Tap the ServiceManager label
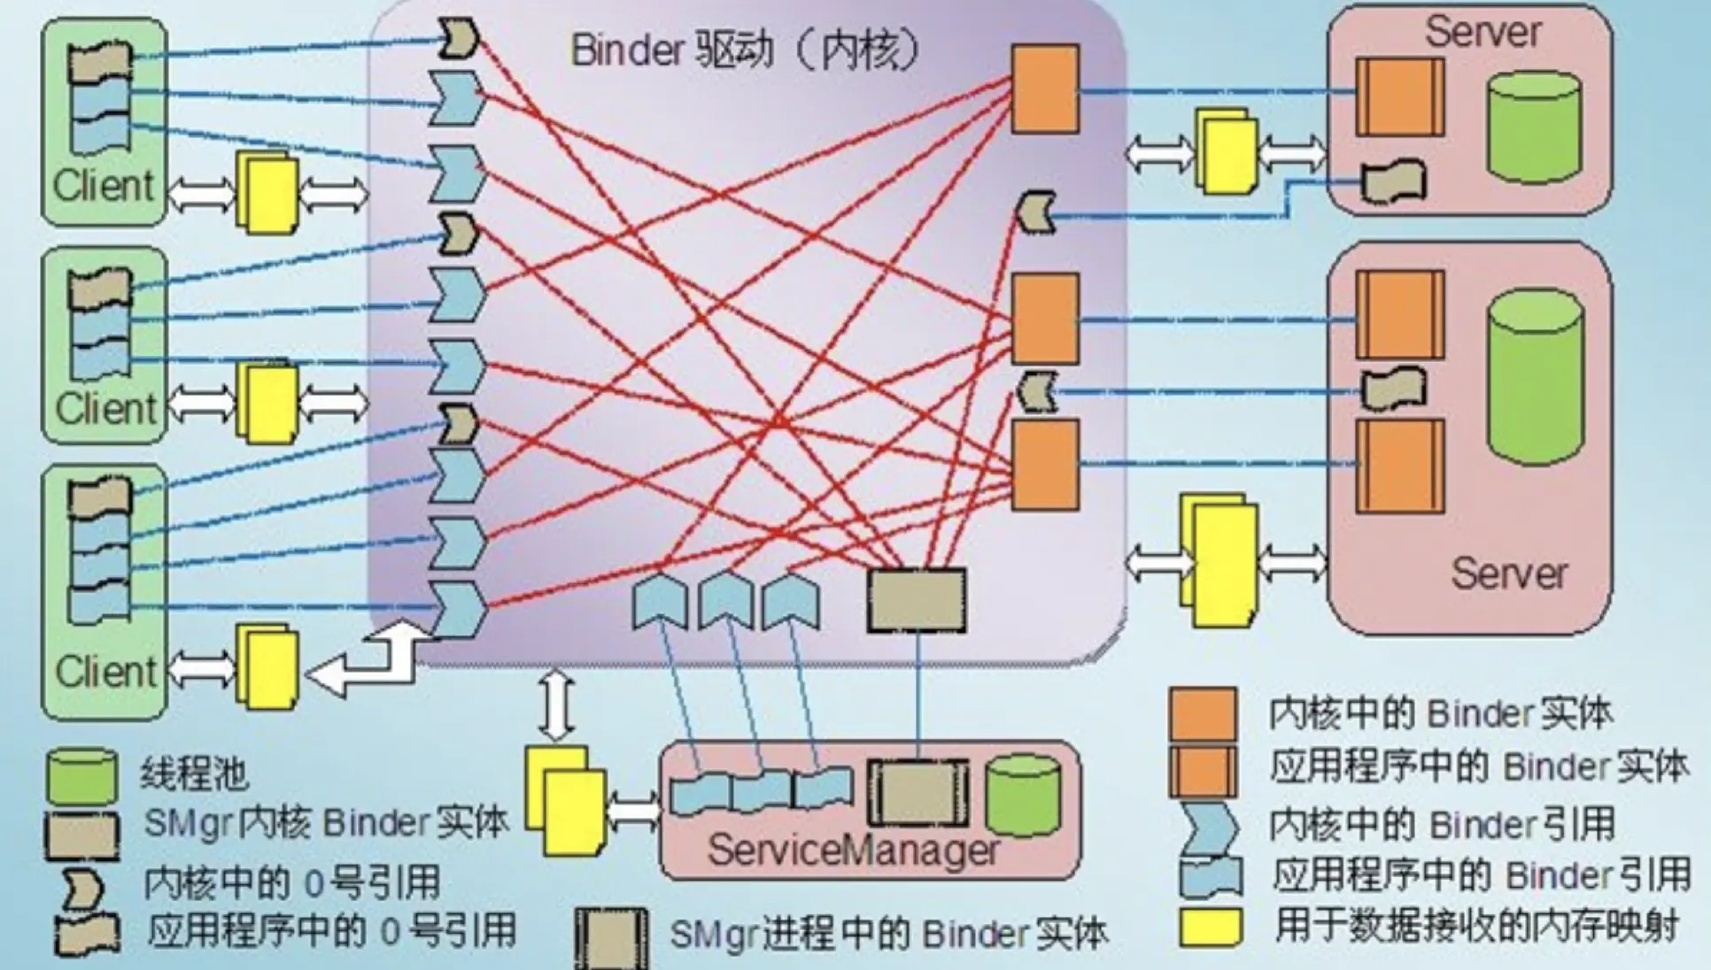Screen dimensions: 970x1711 click(853, 851)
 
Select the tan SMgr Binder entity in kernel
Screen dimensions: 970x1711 click(917, 599)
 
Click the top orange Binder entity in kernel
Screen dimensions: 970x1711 click(1045, 89)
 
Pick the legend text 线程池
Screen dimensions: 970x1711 click(194, 774)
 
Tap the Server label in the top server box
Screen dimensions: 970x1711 click(1483, 33)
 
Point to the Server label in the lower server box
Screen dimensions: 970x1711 click(1509, 574)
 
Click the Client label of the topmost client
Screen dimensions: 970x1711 click(104, 186)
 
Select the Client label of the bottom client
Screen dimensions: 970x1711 click(105, 672)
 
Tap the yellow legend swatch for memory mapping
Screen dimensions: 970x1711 click(1211, 928)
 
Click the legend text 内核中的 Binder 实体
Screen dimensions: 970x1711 click(1440, 713)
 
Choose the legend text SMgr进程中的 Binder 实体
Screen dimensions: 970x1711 click(888, 935)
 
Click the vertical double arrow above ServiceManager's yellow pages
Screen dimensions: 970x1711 click(556, 704)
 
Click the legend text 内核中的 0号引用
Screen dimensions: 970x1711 click(292, 882)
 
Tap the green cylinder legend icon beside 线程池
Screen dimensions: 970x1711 click(81, 776)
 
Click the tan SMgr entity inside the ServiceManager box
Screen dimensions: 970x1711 click(917, 793)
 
